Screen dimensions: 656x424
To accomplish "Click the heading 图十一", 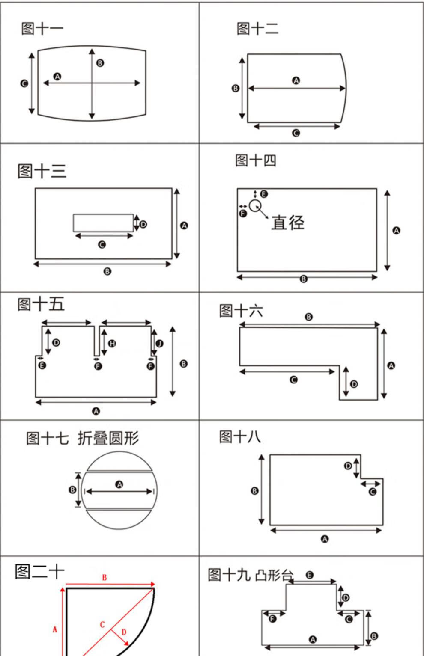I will [x=42, y=29].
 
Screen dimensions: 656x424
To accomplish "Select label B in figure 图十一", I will [x=100, y=63].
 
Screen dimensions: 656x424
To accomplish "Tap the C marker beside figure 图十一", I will [x=24, y=83].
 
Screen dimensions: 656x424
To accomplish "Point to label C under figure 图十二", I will [x=296, y=133].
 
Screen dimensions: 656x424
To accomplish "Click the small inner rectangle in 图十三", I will [x=103, y=223].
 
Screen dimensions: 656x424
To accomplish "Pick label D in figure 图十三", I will [x=143, y=224].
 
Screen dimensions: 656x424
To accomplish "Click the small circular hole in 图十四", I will [x=255, y=206].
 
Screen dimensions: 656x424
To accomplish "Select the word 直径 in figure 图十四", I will [x=287, y=223].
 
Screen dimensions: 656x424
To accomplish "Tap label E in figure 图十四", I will [x=264, y=194].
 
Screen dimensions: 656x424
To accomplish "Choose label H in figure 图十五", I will [x=112, y=343].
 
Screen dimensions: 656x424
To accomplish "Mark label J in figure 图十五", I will [x=159, y=343].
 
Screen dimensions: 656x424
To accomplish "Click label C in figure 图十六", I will [x=293, y=380].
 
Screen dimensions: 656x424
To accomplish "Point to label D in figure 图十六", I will [x=354, y=384].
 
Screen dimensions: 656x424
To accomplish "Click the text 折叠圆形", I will [x=108, y=438].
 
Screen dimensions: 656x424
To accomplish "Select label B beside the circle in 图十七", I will [x=72, y=490].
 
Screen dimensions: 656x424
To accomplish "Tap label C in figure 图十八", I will [x=373, y=492].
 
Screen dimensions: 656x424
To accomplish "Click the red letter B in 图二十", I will [x=105, y=578].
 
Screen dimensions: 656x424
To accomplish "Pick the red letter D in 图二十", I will [x=124, y=632].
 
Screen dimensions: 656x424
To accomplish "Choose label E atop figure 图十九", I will [x=310, y=575].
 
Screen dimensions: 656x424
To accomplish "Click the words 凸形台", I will [x=274, y=575].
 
